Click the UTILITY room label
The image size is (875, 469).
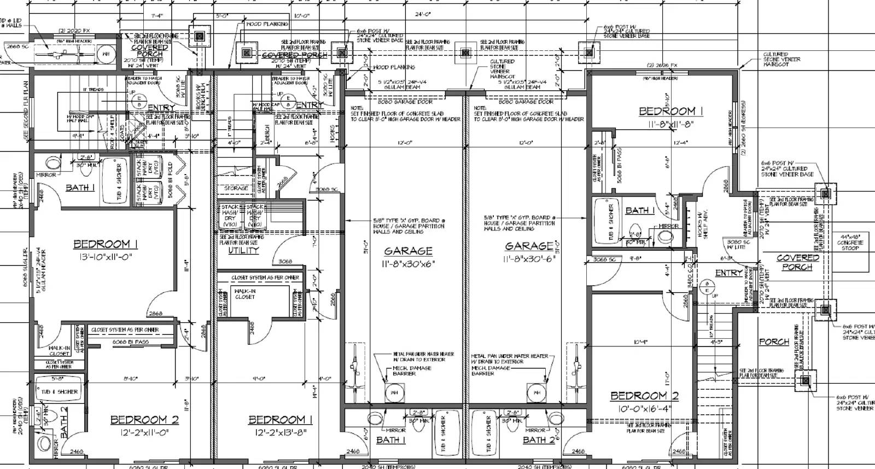point(243,250)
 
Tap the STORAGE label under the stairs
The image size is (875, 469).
point(236,188)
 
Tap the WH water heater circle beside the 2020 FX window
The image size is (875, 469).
point(106,54)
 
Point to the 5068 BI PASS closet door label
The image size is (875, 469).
point(619,164)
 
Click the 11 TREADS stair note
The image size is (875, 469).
point(93,89)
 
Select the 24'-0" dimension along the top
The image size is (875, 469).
point(422,15)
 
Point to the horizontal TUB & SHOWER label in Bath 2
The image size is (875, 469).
point(59,391)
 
